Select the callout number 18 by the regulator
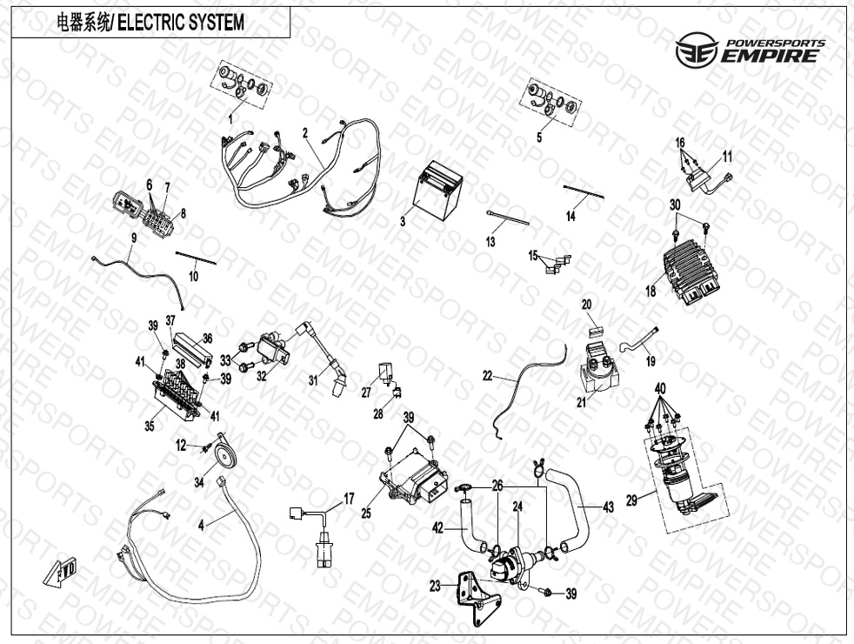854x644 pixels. (650, 292)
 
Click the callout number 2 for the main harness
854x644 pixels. (305, 133)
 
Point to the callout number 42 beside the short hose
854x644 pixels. (438, 527)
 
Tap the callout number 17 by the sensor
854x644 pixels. (349, 499)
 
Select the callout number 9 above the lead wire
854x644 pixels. (134, 237)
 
